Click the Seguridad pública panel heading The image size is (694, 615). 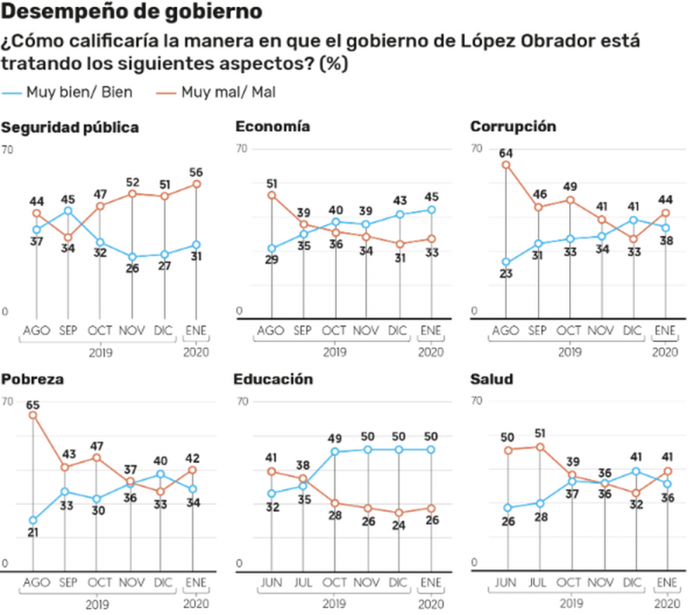coord(70,128)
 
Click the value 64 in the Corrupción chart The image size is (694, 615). coord(506,153)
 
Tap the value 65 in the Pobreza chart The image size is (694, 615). coord(33,404)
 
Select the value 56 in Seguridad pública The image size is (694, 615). coord(197,172)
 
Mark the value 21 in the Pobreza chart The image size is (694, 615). coord(33,533)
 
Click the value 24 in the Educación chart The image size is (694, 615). coord(398,524)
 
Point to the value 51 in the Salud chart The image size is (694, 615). coord(539,435)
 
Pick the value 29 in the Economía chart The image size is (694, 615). coord(272,260)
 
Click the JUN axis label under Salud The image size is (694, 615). coord(506,582)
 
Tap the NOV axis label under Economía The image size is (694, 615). coord(365,330)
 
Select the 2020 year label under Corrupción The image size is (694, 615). coord(665,353)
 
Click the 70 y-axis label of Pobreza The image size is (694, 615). coord(8,402)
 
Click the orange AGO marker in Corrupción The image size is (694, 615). coord(506,165)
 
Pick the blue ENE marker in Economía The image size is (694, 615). coord(431,209)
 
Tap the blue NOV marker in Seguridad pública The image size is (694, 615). coord(133,257)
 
